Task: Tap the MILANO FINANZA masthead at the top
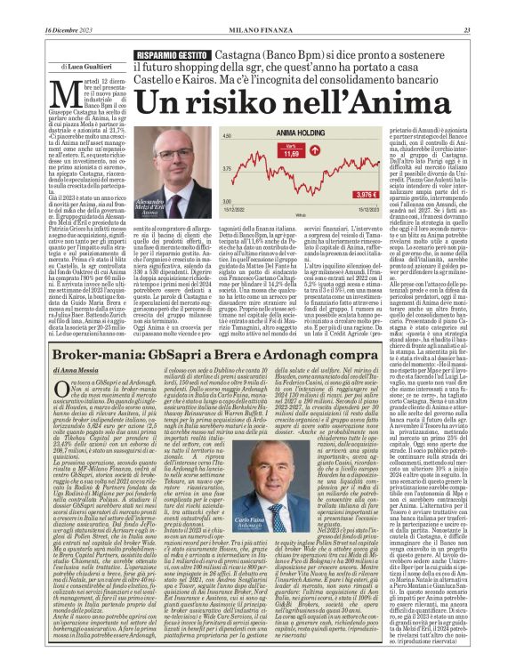[258, 8]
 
